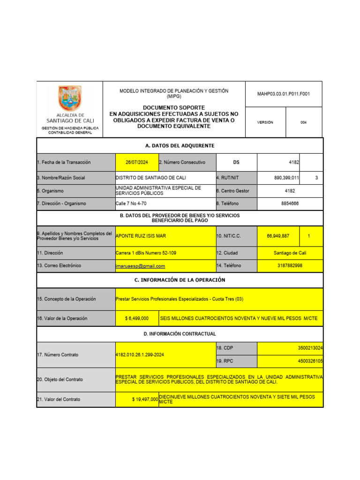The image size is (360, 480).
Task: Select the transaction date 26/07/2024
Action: click(x=137, y=162)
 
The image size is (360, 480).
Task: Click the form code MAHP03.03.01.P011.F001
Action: click(x=283, y=94)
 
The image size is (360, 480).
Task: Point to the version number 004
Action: click(x=303, y=122)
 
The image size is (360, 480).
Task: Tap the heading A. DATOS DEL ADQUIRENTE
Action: click(x=180, y=146)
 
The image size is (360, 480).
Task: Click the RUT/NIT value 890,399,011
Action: click(x=287, y=178)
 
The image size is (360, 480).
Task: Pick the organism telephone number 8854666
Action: click(x=289, y=203)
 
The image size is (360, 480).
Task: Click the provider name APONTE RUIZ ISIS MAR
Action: click(x=141, y=236)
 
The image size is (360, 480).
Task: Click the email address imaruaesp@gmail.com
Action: click(x=140, y=266)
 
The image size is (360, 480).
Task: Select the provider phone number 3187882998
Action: click(x=290, y=266)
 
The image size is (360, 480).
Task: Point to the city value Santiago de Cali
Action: click(x=290, y=253)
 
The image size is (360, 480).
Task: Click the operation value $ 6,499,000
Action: click(x=137, y=318)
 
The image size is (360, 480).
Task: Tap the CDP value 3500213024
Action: click(x=310, y=349)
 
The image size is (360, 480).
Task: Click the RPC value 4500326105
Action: click(x=310, y=361)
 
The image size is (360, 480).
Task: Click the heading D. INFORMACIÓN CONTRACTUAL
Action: click(x=180, y=334)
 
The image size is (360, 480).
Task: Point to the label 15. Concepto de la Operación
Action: click(x=66, y=299)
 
